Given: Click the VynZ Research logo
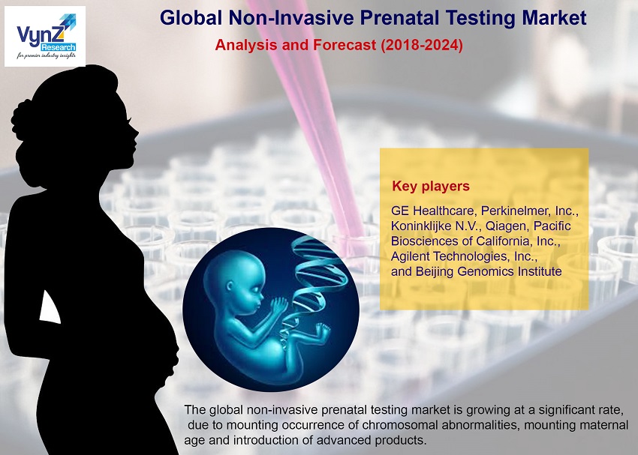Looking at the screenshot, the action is pyautogui.click(x=45, y=36).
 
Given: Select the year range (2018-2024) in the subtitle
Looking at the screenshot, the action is pyautogui.click(x=422, y=45).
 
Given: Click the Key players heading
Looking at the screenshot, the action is pyautogui.click(x=431, y=186).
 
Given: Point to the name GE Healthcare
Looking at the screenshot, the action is pyautogui.click(x=433, y=211).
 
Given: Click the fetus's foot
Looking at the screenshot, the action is pyautogui.click(x=323, y=331).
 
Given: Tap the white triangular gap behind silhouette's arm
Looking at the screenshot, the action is pyautogui.click(x=50, y=307).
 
